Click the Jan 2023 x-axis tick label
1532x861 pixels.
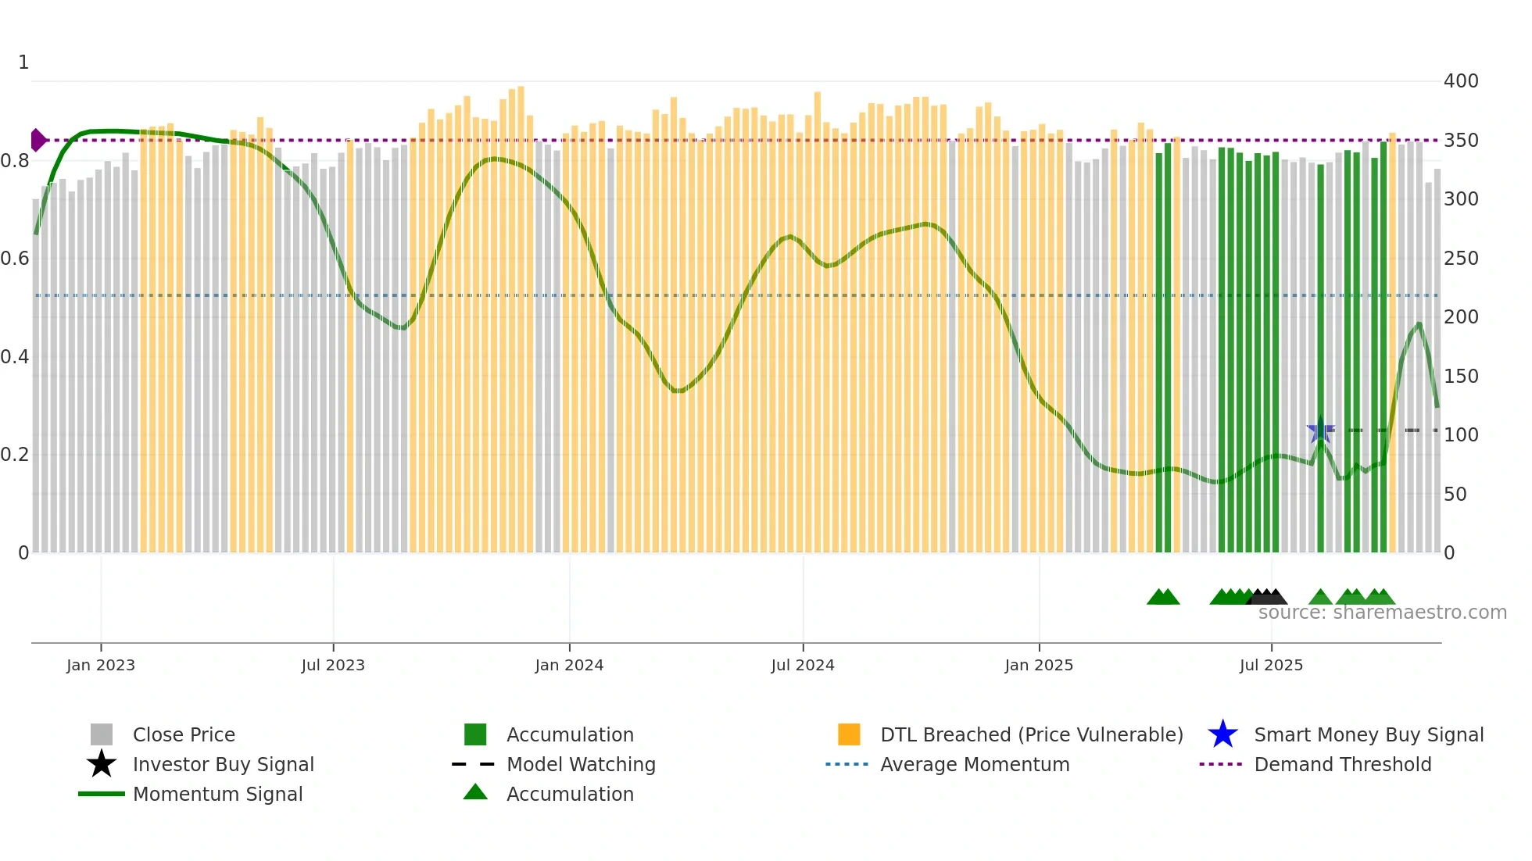point(101,665)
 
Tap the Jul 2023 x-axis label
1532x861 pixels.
point(333,665)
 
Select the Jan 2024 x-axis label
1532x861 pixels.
point(569,665)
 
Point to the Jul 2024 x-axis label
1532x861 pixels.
point(803,665)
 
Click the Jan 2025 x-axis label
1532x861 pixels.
point(1039,665)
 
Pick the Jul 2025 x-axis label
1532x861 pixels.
point(1271,665)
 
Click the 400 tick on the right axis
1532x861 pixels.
point(1461,81)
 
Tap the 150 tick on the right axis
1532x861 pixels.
point(1461,376)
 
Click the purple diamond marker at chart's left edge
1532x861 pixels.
point(38,141)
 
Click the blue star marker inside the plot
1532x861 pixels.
point(1320,431)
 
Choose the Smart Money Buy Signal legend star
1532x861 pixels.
point(1222,734)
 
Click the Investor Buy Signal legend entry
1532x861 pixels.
point(223,764)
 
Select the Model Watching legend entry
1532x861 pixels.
point(580,764)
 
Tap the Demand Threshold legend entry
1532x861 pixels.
point(1342,764)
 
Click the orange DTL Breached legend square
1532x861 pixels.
point(849,734)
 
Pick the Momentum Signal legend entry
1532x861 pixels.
point(217,794)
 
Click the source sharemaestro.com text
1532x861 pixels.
point(1382,613)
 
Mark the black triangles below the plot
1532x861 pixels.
point(1267,597)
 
